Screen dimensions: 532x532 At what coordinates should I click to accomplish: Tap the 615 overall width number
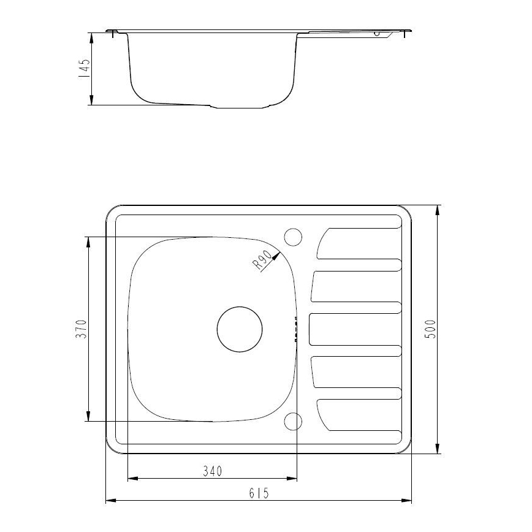coord(259,493)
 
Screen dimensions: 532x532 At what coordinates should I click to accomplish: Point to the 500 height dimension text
coord(430,330)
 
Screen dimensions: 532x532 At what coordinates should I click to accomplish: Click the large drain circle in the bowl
coord(240,329)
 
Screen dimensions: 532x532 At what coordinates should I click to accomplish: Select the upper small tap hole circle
coord(294,236)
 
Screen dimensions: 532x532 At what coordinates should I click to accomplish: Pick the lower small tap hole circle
coord(294,421)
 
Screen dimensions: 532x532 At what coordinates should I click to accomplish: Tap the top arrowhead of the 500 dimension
coord(438,209)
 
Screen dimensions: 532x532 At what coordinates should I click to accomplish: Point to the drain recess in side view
coord(242,107)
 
